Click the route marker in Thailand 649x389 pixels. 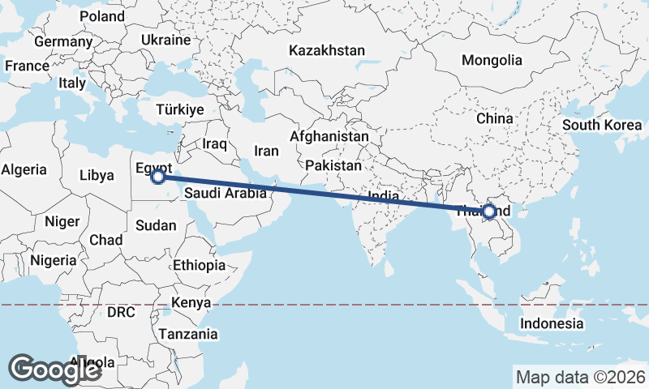[489, 212]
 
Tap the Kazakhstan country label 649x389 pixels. [327, 50]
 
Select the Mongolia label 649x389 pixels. [492, 60]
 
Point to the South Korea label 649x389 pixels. [602, 125]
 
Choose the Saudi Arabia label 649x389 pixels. [225, 194]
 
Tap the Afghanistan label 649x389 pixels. [329, 137]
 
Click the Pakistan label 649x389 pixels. [333, 165]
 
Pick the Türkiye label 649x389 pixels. [179, 109]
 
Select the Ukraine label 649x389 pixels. [165, 40]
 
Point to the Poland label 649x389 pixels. [102, 16]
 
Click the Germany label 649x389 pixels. [63, 41]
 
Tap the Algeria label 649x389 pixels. [24, 170]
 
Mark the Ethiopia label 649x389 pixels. [199, 265]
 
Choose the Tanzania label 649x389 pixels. [188, 334]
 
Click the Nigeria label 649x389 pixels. [53, 261]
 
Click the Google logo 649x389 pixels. [55, 369]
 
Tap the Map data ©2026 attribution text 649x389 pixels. [580, 377]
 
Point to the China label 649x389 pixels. [495, 118]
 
